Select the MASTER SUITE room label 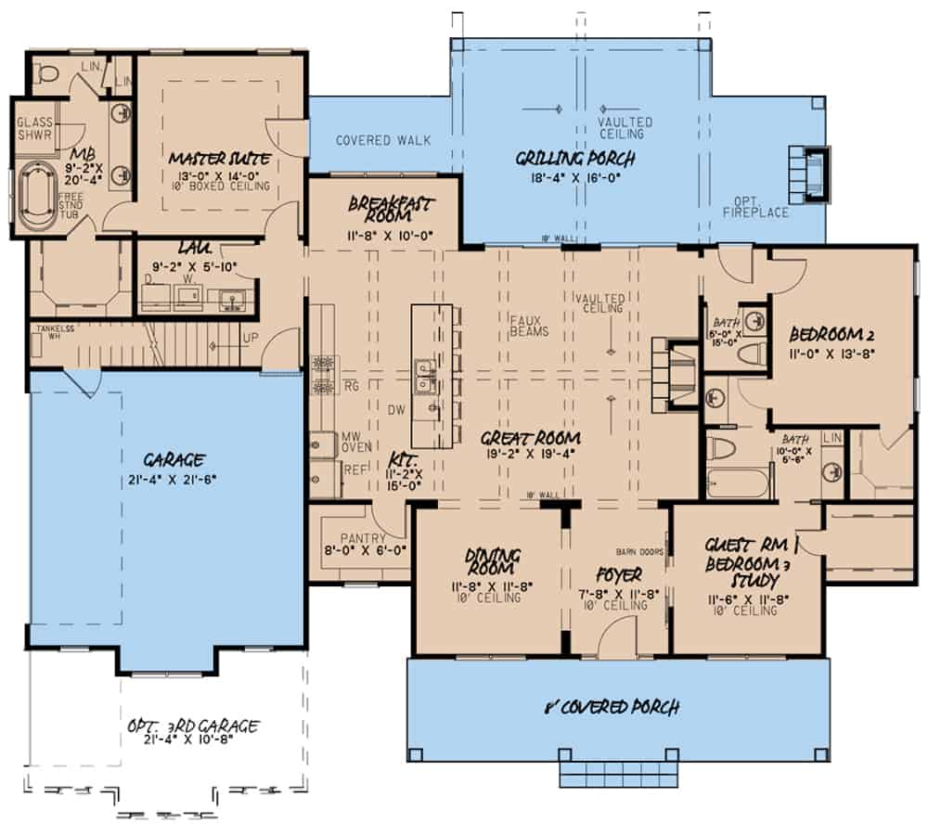coord(220,159)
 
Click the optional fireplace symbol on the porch coord(806,173)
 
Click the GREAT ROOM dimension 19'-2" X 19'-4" coord(531,455)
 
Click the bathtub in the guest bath coord(738,482)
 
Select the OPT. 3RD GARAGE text coord(191,727)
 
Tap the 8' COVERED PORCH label coord(612,708)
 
